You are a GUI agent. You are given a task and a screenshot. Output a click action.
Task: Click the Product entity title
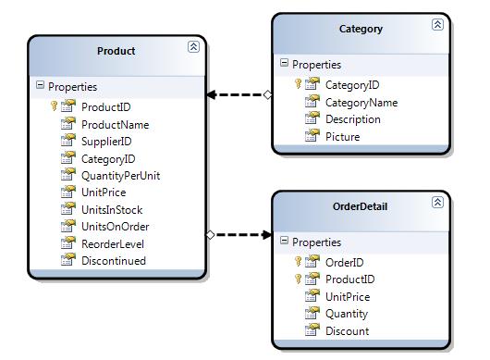point(116,51)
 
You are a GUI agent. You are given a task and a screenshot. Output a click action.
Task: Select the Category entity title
point(361,29)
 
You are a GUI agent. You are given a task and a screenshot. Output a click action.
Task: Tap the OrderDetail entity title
point(360,206)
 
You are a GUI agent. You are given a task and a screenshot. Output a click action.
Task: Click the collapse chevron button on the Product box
point(193,46)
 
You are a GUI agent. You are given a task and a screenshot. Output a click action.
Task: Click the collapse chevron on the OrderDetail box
point(437,202)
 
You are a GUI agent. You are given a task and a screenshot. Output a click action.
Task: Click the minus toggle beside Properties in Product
point(40,85)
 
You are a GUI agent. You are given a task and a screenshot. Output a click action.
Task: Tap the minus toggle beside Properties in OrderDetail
point(284,241)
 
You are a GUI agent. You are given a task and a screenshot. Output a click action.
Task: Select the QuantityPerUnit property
point(120,176)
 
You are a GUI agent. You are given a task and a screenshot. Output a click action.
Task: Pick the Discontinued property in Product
point(114,261)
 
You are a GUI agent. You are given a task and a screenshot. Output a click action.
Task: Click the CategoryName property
point(361,103)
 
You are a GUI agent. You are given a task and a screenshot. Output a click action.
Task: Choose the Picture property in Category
point(342,137)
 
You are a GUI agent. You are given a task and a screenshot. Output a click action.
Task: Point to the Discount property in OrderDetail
point(348,331)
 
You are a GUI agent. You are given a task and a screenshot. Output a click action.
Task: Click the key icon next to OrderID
point(298,261)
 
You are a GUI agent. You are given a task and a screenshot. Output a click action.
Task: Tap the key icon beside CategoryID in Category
point(298,83)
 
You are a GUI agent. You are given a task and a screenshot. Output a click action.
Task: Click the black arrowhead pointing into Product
point(211,94)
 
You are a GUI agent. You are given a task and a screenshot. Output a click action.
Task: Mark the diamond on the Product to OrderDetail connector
point(210,234)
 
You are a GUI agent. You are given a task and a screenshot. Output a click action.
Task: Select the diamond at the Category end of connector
point(267,94)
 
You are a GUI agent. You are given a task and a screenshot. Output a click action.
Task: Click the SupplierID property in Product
point(106,142)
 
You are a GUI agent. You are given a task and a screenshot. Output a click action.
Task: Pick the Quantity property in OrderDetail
point(347,314)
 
